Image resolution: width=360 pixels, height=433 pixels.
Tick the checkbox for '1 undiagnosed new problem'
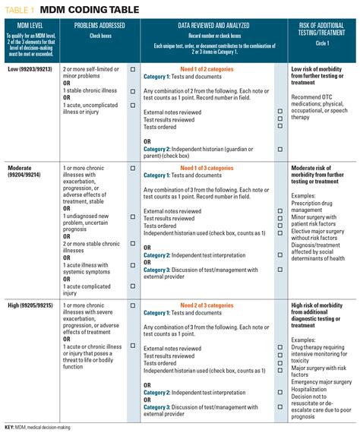tap(133, 214)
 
